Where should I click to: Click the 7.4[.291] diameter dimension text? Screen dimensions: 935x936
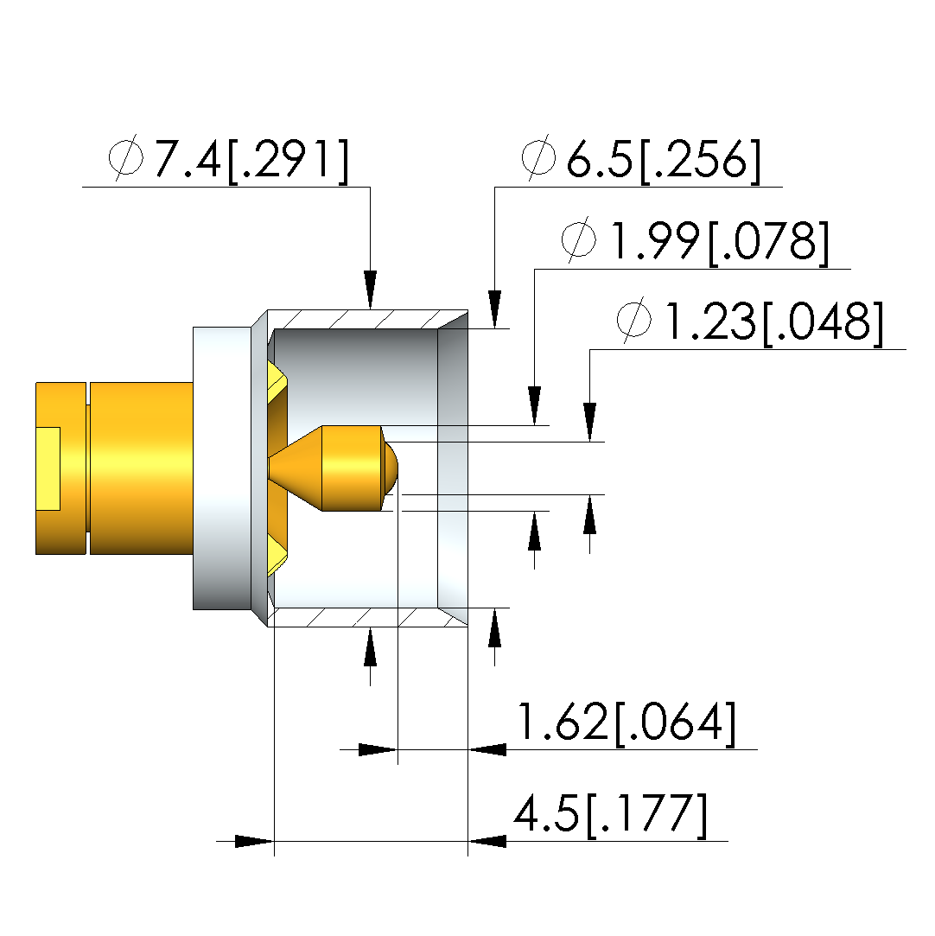(x=251, y=160)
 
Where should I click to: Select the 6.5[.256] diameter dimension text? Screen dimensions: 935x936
(x=664, y=160)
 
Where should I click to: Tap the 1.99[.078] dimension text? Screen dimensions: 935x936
(x=720, y=242)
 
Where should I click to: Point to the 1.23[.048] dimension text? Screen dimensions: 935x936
(x=774, y=322)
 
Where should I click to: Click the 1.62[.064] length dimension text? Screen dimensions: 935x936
(x=627, y=723)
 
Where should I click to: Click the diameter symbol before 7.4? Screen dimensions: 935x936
(x=126, y=157)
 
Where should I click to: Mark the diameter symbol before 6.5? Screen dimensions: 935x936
(x=538, y=157)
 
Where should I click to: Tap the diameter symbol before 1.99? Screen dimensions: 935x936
(x=579, y=240)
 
